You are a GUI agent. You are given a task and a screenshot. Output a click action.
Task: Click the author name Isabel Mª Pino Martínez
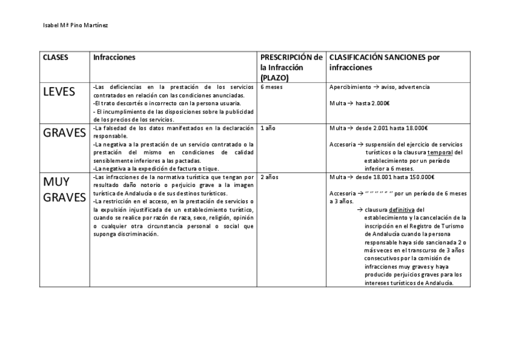75,26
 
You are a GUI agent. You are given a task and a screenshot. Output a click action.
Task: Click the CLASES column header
55,58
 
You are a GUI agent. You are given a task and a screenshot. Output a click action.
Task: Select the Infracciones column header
114,58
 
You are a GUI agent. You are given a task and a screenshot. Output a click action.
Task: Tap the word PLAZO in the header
274,78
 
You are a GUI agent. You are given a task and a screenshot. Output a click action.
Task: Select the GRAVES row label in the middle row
64,133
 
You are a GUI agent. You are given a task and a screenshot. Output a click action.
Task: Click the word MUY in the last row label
57,182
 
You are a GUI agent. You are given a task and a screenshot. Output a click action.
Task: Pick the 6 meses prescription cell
272,87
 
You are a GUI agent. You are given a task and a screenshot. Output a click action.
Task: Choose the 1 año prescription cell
269,128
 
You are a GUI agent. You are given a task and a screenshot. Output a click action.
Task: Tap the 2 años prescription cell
271,177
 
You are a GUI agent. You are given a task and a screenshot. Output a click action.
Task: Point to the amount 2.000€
380,103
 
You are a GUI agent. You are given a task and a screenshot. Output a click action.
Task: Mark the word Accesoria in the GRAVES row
342,144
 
